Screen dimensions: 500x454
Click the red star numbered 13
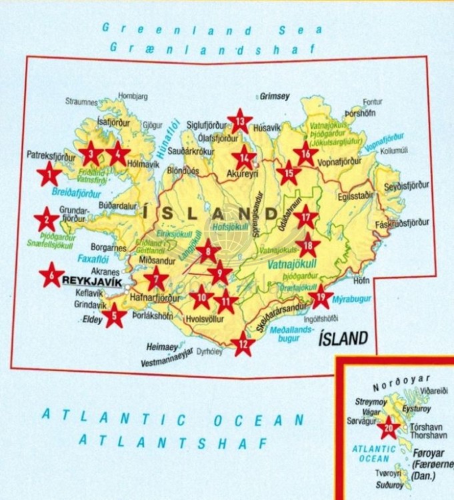click(x=240, y=121)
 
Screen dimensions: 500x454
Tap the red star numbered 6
click(x=51, y=274)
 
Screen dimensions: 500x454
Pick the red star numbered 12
click(x=243, y=343)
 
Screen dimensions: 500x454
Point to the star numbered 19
click(x=321, y=296)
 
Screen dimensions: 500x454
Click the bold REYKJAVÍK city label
click(x=91, y=282)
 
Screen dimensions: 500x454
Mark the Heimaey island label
click(x=162, y=347)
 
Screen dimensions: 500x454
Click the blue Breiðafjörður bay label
click(x=75, y=194)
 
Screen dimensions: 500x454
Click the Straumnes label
click(x=81, y=101)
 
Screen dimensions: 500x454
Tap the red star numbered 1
click(x=49, y=175)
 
